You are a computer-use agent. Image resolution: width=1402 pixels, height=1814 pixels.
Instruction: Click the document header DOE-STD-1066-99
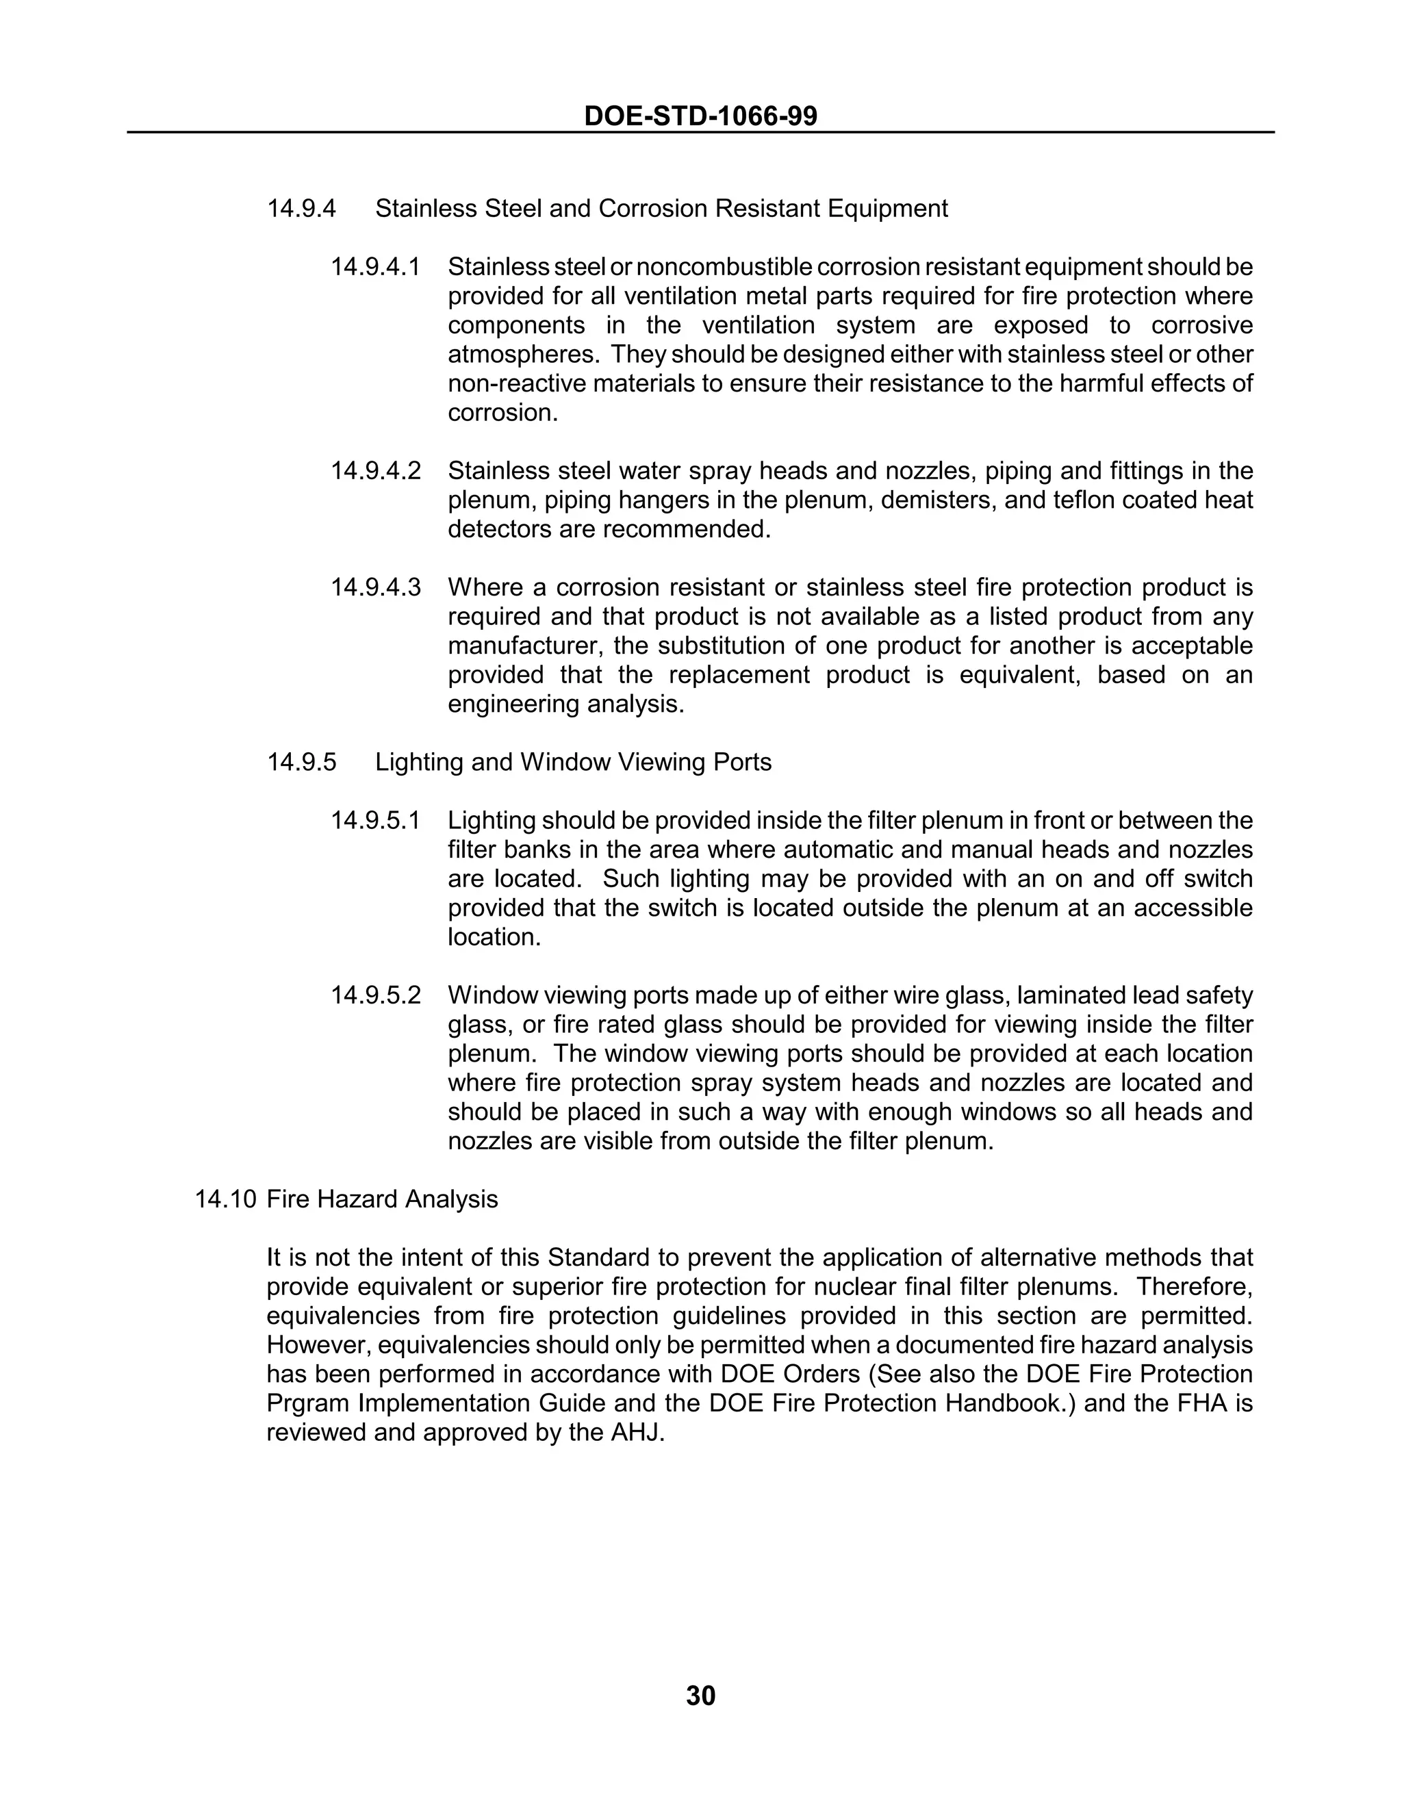[700, 116]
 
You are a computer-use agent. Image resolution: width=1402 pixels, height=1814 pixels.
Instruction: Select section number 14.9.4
[301, 209]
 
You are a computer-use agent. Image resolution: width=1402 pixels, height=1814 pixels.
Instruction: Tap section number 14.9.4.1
[375, 268]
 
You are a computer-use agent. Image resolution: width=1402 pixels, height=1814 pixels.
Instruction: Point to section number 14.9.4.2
[375, 471]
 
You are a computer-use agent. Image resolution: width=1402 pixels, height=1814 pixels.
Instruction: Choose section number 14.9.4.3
[375, 587]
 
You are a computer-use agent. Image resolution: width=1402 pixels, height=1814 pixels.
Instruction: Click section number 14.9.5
[301, 763]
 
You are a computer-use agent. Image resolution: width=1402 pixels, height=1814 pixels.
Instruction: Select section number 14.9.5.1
[375, 821]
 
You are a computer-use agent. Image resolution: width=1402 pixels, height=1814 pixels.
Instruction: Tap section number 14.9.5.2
[375, 995]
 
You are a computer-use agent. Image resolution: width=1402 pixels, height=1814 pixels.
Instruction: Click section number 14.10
[225, 1199]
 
